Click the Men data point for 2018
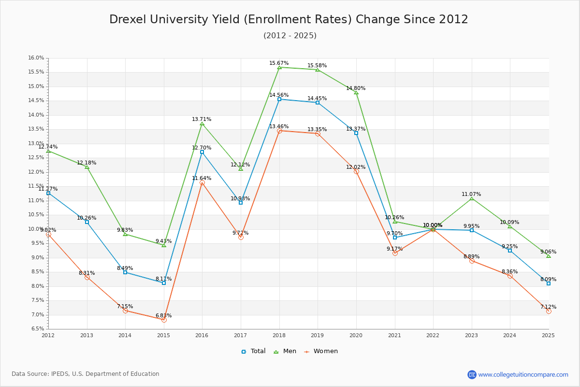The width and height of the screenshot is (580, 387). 279,67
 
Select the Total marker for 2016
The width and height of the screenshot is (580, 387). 202,152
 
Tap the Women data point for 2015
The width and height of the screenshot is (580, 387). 164,320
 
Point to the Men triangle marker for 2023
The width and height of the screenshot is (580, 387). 472,198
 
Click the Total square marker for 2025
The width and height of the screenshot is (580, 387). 549,283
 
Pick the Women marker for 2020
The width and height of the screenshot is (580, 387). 356,171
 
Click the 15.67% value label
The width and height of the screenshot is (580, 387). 279,63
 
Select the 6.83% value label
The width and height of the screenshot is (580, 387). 163,316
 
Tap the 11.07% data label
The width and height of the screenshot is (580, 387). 471,194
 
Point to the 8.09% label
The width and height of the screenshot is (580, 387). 548,280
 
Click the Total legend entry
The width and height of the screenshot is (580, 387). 254,351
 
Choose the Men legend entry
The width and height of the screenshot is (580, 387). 286,351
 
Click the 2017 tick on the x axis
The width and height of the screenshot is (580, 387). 241,335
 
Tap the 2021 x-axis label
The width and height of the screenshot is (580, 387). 394,335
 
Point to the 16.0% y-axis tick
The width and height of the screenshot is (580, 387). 36,58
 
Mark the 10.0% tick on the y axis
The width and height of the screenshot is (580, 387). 36,229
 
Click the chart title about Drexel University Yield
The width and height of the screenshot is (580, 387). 289,19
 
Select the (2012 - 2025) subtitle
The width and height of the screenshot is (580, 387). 290,36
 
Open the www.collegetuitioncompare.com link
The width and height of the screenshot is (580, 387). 523,374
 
